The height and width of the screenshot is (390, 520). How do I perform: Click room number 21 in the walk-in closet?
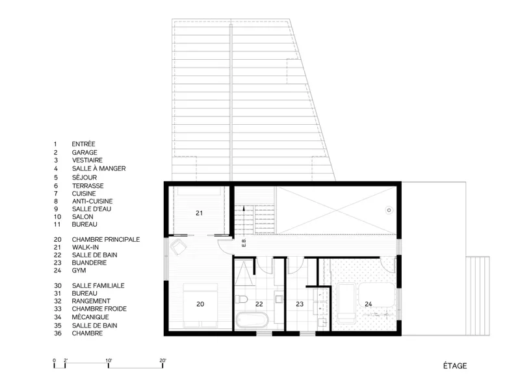(x=199, y=213)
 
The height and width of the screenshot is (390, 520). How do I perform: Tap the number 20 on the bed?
(x=200, y=304)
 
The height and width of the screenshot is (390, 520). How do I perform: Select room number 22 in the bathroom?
(x=259, y=304)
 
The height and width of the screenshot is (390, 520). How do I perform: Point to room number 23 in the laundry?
(x=300, y=304)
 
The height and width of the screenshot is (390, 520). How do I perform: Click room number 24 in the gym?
(x=368, y=304)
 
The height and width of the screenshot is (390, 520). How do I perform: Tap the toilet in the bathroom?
(x=241, y=300)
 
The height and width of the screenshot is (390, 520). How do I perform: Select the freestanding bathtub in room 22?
(x=252, y=320)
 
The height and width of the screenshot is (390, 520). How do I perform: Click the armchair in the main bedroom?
(x=178, y=246)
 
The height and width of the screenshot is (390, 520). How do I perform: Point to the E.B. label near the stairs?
(x=244, y=243)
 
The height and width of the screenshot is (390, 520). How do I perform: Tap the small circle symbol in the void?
(x=389, y=210)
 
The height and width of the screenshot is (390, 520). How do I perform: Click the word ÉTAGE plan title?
(x=455, y=366)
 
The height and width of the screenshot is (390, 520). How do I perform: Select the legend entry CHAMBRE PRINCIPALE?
(x=106, y=239)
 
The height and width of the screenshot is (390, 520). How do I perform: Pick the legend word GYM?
(x=79, y=270)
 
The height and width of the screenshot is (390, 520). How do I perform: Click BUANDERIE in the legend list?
(x=89, y=263)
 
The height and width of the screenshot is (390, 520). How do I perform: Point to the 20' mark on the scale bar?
(x=162, y=361)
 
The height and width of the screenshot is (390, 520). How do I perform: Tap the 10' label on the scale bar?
(x=109, y=361)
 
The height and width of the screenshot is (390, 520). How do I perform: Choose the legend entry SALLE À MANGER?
(x=99, y=168)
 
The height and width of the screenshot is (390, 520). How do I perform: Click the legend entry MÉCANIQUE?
(x=90, y=317)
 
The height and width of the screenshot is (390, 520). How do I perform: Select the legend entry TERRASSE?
(x=88, y=186)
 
